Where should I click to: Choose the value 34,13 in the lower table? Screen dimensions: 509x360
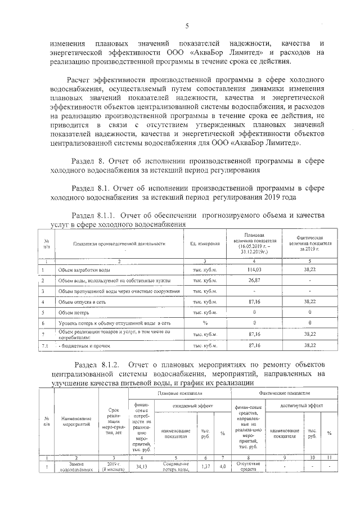tap(139, 466)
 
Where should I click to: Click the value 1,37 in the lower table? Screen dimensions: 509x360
tap(205, 466)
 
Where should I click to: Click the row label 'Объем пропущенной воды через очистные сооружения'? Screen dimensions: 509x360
tap(118, 291)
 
